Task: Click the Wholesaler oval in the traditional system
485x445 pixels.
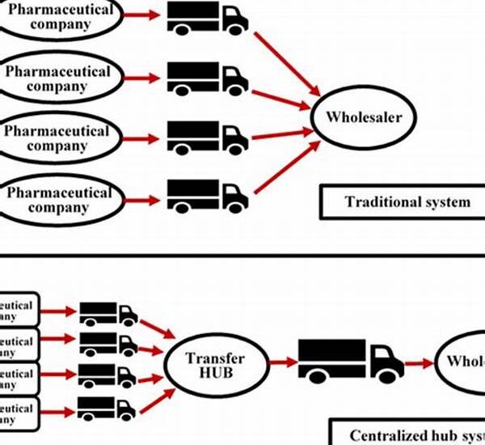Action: pyautogui.click(x=369, y=118)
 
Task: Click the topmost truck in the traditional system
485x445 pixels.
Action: pyautogui.click(x=207, y=18)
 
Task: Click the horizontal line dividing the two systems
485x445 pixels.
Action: pyautogui.click(x=242, y=255)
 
